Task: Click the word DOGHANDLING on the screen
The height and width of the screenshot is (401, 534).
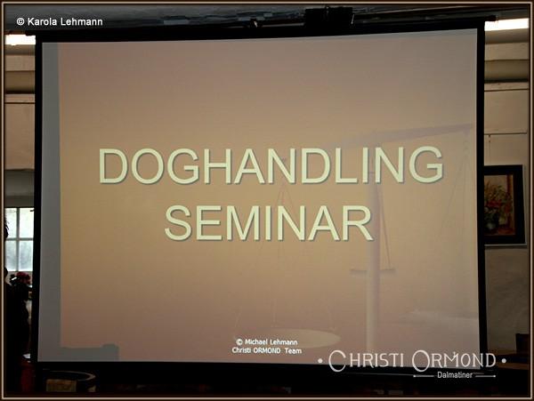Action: coord(271,165)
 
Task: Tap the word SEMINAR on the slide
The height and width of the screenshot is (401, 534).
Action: coord(269,223)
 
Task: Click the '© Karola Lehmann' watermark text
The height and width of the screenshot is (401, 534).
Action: coord(60,21)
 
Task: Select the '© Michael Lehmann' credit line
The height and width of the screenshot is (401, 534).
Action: coord(267,341)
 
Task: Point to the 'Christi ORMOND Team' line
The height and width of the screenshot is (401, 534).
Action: coord(267,350)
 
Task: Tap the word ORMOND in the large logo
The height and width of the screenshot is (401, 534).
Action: coord(454,361)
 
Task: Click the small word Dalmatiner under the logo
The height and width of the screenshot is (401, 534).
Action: coord(455,375)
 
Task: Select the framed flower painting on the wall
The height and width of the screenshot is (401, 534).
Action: coord(504,205)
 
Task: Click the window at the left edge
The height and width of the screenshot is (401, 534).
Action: coord(19,239)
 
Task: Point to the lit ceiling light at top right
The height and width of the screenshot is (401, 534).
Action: coord(506,25)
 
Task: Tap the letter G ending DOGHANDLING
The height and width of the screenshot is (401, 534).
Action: coord(426,165)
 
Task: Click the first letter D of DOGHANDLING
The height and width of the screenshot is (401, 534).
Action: coord(113,166)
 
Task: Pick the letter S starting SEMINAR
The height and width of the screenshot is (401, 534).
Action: coord(179,223)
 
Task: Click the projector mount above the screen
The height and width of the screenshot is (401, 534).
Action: coord(328,16)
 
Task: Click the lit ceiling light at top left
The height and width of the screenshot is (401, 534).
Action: coord(20,40)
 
